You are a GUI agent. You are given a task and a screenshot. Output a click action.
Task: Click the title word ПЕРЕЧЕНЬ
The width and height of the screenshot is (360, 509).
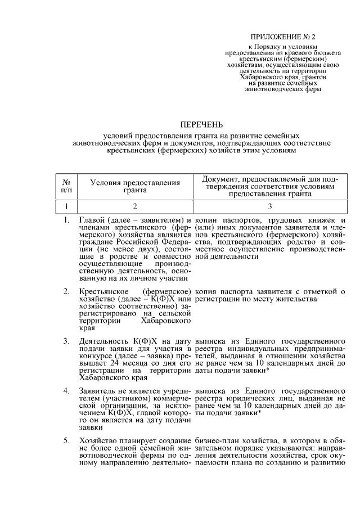[201, 124]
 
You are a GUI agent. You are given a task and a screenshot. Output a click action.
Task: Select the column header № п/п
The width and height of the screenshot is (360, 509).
[66, 186]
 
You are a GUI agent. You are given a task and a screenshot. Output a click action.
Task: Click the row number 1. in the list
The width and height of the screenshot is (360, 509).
[66, 219]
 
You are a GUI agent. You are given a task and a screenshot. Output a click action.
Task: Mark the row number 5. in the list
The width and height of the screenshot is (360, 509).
[66, 440]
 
